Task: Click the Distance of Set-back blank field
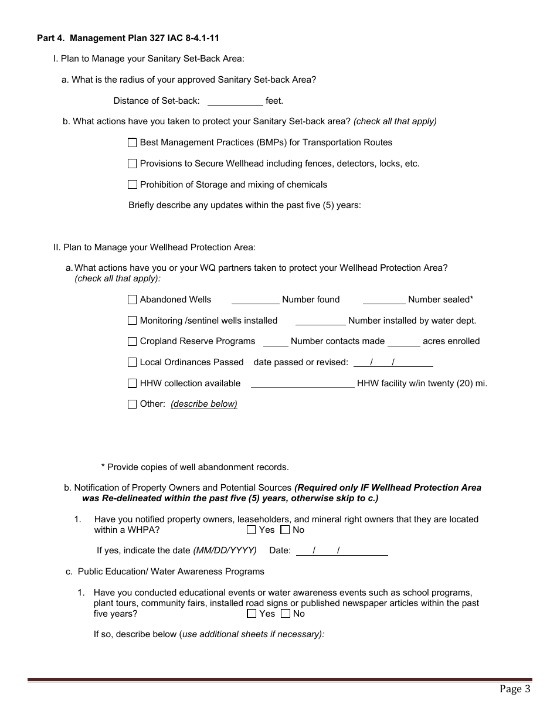tap(235, 101)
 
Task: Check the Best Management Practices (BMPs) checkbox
tap(132, 142)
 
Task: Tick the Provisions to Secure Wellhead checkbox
tap(132, 164)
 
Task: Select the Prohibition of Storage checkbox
tap(132, 185)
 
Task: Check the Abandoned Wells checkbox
tap(132, 300)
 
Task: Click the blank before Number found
tap(255, 300)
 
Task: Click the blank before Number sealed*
tap(384, 300)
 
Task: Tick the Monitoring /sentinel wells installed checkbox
tap(132, 321)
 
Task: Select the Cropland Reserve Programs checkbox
tap(132, 341)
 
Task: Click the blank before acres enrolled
tap(403, 341)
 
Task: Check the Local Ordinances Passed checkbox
tap(132, 362)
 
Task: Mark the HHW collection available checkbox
tap(132, 383)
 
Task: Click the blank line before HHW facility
tap(303, 383)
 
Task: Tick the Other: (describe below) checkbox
tap(132, 404)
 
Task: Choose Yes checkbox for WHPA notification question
tap(252, 530)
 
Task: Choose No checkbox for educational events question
tap(285, 614)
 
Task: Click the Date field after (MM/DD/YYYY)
tap(342, 551)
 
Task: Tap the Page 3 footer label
tap(515, 689)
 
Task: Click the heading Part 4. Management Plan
tap(128, 38)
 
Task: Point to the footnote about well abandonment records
tap(195, 467)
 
